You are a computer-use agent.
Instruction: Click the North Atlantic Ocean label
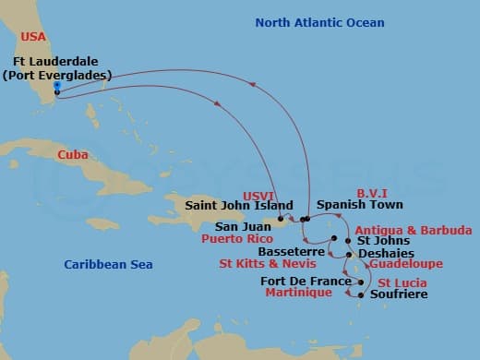(x=319, y=22)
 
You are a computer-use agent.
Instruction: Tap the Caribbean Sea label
(x=108, y=265)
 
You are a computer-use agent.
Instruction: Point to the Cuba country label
(x=73, y=155)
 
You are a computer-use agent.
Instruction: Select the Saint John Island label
(x=240, y=206)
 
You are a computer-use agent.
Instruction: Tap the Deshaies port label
(x=385, y=253)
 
